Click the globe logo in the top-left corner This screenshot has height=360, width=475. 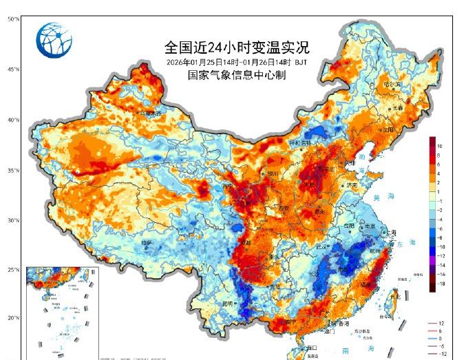(54, 39)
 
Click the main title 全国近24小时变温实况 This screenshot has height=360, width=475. (237, 47)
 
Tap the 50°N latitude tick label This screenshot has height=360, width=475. (13, 19)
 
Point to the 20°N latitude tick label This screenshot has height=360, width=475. (13, 318)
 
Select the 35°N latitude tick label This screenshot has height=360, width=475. (13, 170)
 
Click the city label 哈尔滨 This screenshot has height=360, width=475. (392, 84)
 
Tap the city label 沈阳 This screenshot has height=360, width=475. (389, 129)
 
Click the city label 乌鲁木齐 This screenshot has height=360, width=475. (149, 112)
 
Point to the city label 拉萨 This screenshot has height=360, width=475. (146, 242)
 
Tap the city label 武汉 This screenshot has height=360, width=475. (321, 246)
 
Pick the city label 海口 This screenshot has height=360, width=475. (311, 348)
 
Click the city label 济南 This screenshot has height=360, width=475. (352, 185)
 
